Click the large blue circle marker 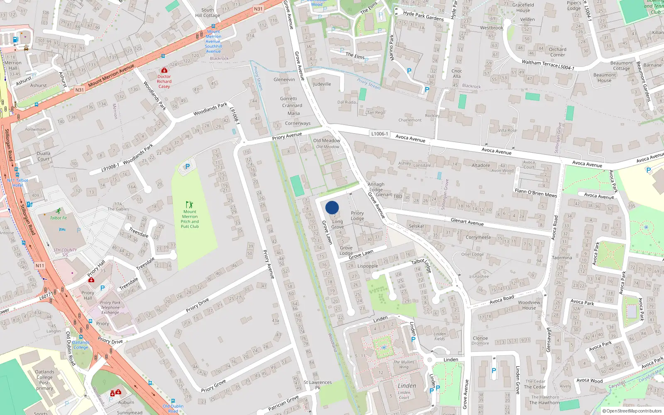tap(332, 207)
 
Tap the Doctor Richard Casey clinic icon tap(164, 71)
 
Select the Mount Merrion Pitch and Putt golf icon tap(190, 205)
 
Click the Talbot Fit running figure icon tap(59, 211)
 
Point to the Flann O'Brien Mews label tap(536, 192)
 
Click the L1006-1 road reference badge tap(379, 134)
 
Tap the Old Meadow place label tap(327, 141)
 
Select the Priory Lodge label tap(357, 216)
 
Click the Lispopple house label tap(368, 266)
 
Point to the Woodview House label tap(529, 305)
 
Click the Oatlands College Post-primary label tap(44, 380)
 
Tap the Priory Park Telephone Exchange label tap(110, 308)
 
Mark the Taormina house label tap(562, 258)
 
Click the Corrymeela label tap(478, 237)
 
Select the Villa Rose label tap(508, 130)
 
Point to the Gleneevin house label tap(284, 80)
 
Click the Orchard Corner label tap(557, 52)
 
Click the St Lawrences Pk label tap(317, 385)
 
